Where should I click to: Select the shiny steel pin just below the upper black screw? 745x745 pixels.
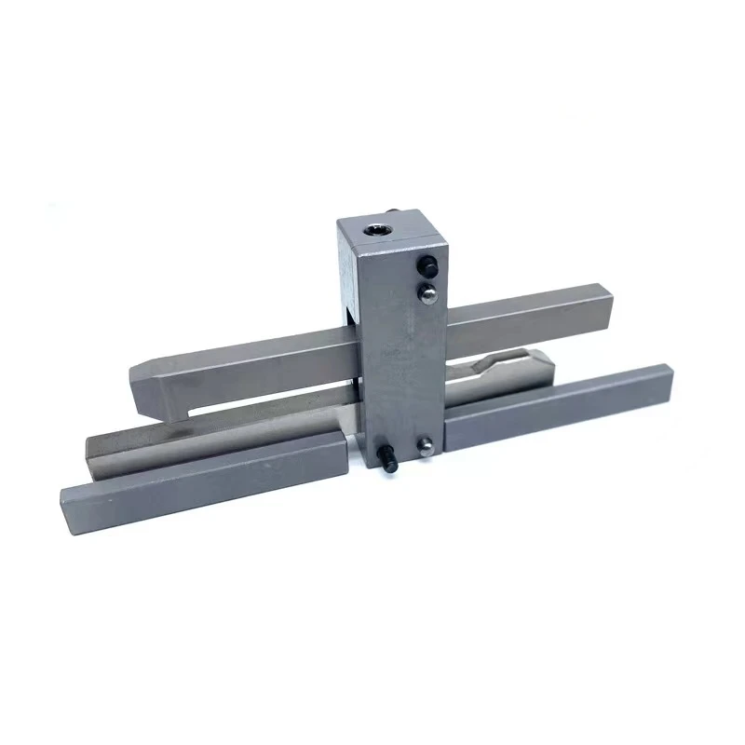(x=425, y=292)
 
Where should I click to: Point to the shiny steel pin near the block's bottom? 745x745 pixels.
(x=426, y=445)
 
